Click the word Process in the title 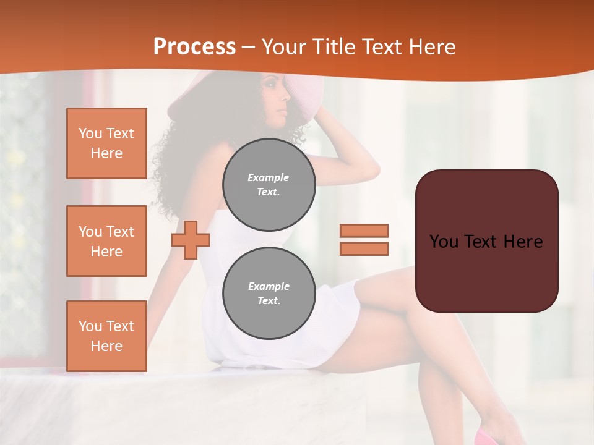pyautogui.click(x=194, y=47)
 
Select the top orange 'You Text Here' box pyautogui.click(x=106, y=143)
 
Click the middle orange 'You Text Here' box pyautogui.click(x=106, y=241)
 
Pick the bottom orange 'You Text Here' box pyautogui.click(x=106, y=336)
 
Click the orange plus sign pyautogui.click(x=191, y=240)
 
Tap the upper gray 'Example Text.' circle pyautogui.click(x=269, y=185)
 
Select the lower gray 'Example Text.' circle pyautogui.click(x=269, y=294)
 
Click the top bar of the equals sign pyautogui.click(x=364, y=231)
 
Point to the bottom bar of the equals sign pyautogui.click(x=364, y=248)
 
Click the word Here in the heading pyautogui.click(x=431, y=47)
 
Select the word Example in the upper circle pyautogui.click(x=269, y=177)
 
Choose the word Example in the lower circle pyautogui.click(x=269, y=286)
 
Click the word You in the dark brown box pyautogui.click(x=444, y=242)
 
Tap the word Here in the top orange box pyautogui.click(x=106, y=153)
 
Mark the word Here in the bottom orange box pyautogui.click(x=106, y=346)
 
